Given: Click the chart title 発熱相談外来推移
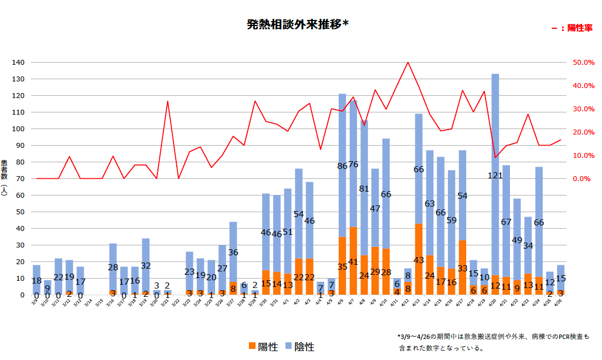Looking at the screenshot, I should [297, 25].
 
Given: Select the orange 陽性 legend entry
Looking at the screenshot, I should [263, 347].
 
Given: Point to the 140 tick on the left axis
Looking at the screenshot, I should [18, 63].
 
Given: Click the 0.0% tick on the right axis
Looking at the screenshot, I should [581, 179].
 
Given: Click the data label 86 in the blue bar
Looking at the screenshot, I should [342, 166].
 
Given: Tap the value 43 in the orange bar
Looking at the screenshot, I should [419, 260].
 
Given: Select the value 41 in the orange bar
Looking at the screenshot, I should [353, 262].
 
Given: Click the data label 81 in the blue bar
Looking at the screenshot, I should [364, 189].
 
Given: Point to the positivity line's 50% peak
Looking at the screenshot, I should [408, 62].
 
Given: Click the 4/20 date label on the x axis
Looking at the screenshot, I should [493, 304].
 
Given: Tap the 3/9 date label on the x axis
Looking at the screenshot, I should [35, 303].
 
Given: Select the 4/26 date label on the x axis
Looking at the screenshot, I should [559, 304].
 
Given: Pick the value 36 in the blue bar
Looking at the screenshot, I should [233, 253].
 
